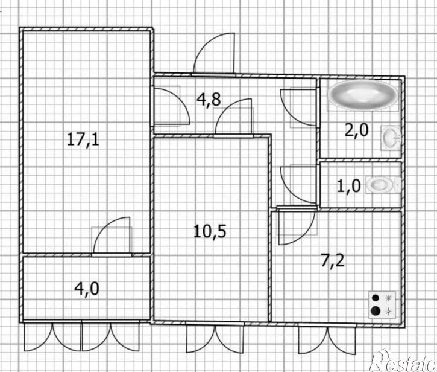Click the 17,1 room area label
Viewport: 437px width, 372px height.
[83, 139]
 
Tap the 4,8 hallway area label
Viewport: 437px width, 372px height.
[209, 99]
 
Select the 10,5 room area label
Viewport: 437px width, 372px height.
[210, 231]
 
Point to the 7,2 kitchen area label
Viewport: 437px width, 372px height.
[333, 261]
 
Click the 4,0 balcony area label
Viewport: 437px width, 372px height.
[87, 289]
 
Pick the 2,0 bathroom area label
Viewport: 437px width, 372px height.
[357, 130]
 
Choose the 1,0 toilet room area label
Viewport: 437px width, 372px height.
[349, 186]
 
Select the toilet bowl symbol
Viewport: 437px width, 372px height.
[383, 185]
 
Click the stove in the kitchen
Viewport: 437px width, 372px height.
[382, 305]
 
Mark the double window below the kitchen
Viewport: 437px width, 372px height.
[327, 339]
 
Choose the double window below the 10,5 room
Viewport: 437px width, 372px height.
[215, 338]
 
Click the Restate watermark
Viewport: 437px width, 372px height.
[404, 362]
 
